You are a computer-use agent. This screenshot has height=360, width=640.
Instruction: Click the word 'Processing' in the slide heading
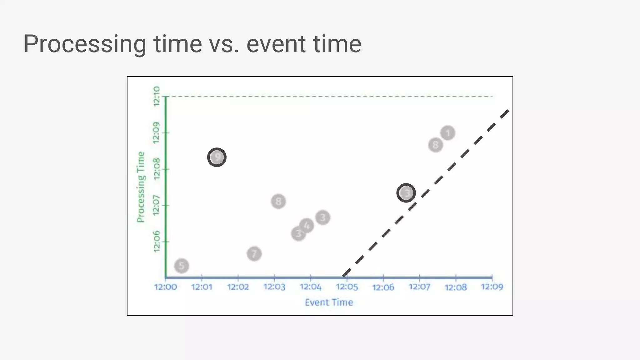coord(85,44)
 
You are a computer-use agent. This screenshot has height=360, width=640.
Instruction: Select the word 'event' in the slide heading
coord(272,44)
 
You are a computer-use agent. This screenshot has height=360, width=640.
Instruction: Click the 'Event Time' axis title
coord(329,302)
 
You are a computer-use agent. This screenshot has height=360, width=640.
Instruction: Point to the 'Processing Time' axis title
coord(141,187)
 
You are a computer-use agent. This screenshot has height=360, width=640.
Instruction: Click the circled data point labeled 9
coord(217,157)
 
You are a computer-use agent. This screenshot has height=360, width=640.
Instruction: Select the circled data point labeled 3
coord(406,193)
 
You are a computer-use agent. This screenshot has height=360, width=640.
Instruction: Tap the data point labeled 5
coord(182,266)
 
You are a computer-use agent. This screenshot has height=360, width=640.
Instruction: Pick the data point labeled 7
coord(254,254)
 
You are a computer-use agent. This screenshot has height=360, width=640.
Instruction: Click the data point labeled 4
coord(307,225)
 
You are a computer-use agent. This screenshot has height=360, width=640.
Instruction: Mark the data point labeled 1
coord(448,133)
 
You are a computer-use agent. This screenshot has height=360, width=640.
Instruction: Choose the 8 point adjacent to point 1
coord(435,145)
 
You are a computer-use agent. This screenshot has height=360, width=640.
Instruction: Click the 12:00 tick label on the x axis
coord(165,287)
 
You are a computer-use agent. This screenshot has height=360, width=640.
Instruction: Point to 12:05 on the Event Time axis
coord(347,287)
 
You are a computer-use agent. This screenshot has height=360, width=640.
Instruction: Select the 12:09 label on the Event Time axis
coord(492,287)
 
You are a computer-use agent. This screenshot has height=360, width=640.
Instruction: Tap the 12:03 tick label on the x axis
coord(274,287)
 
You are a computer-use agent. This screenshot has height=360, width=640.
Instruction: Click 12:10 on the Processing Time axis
coord(157,97)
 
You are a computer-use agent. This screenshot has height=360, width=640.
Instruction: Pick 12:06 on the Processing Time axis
coord(157,242)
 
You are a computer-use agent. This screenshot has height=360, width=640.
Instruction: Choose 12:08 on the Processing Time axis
coord(157,169)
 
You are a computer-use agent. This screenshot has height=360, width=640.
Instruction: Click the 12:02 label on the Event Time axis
coord(238,287)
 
